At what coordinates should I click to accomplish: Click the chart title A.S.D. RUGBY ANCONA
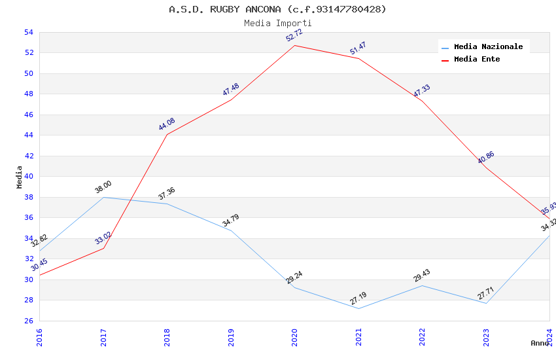[x=277, y=9]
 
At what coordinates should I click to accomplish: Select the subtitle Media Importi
[x=277, y=23]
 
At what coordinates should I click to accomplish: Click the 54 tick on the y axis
[x=28, y=32]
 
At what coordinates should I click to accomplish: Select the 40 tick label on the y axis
[x=28, y=177]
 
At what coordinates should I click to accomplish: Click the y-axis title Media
[x=19, y=177]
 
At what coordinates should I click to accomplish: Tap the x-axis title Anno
[x=539, y=343]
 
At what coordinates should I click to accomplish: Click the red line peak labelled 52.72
[x=294, y=45]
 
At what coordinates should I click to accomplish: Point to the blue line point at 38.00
[x=103, y=197]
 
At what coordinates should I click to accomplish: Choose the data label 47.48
[x=230, y=90]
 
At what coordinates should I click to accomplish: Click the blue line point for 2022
[x=422, y=285]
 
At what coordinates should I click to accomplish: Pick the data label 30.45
[x=39, y=264]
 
